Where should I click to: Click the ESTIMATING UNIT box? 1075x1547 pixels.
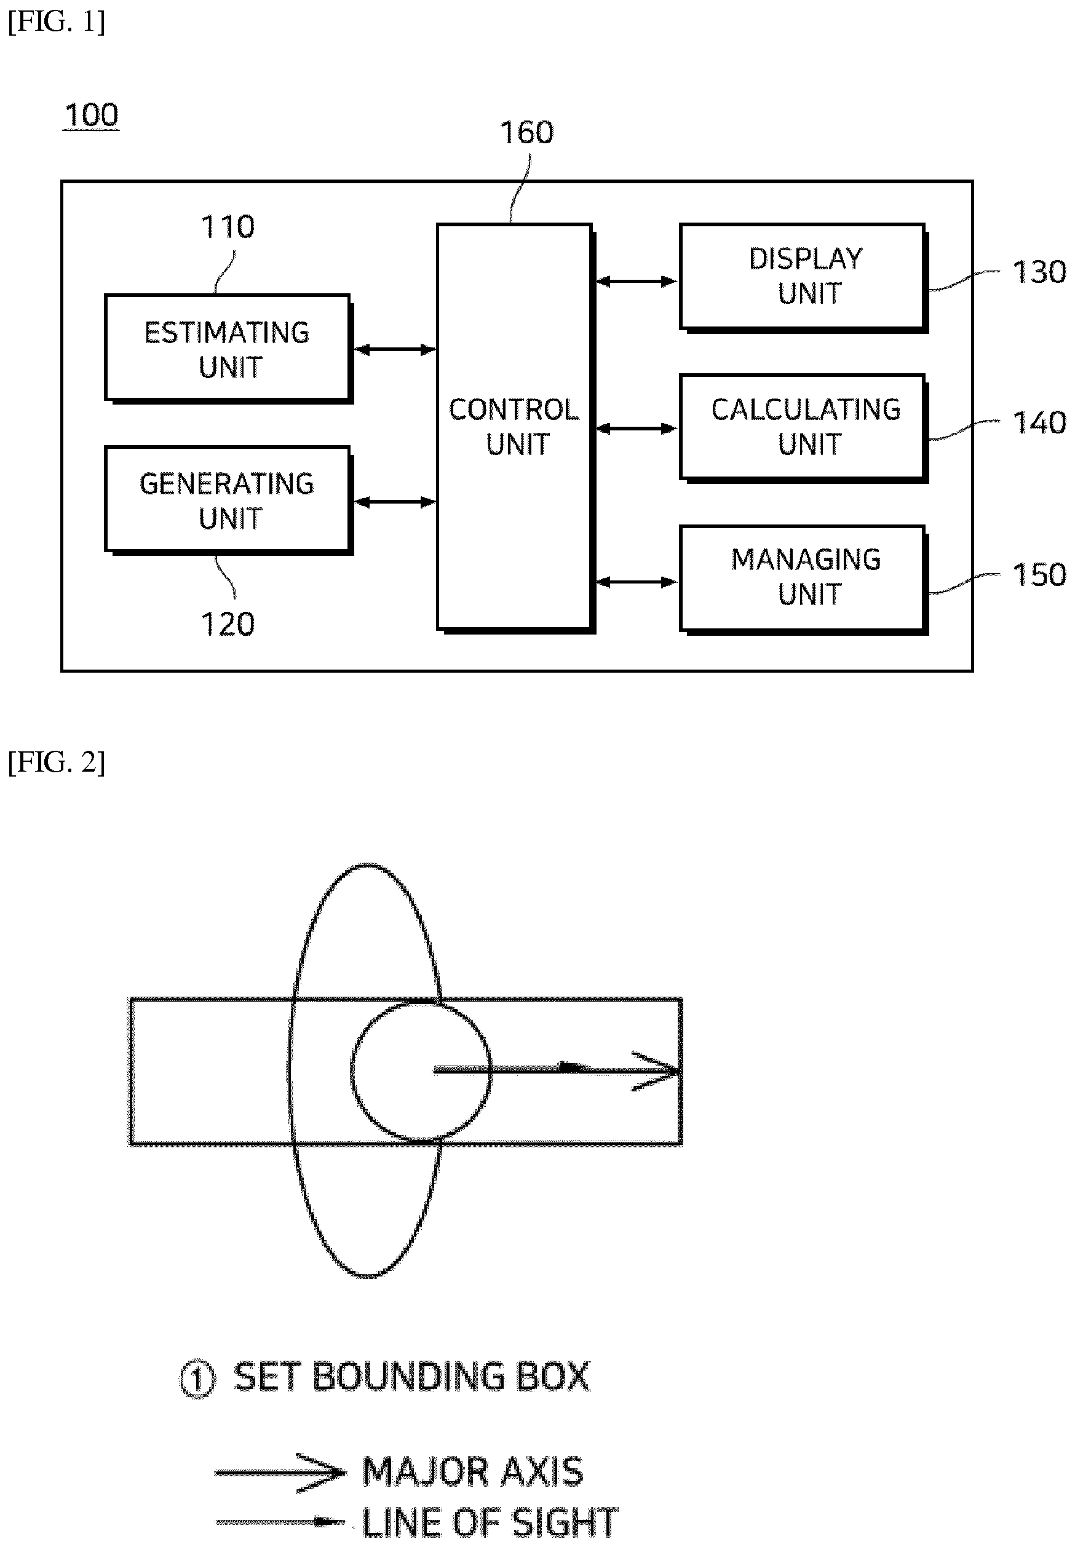(x=228, y=349)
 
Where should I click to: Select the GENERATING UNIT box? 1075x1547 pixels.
(x=228, y=501)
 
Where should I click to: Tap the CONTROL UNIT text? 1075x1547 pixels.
(x=514, y=426)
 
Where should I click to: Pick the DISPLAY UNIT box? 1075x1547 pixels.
(x=804, y=277)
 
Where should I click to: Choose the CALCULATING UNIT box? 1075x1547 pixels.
(x=804, y=428)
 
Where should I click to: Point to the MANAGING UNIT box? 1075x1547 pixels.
(x=804, y=579)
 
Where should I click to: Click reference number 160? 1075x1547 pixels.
(x=526, y=132)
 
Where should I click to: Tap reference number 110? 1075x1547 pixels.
(x=228, y=226)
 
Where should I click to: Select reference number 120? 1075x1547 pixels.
(x=228, y=623)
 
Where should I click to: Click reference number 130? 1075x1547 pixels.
(x=1039, y=272)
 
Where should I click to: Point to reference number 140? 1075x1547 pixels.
(x=1039, y=423)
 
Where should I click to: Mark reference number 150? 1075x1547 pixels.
(x=1039, y=574)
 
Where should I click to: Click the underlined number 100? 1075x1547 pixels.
(x=91, y=115)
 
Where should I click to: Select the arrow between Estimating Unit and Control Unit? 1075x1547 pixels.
(x=395, y=349)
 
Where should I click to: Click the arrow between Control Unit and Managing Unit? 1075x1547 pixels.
(x=637, y=582)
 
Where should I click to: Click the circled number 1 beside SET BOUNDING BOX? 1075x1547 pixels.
(x=197, y=1379)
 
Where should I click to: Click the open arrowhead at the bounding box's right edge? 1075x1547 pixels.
(x=656, y=1070)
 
